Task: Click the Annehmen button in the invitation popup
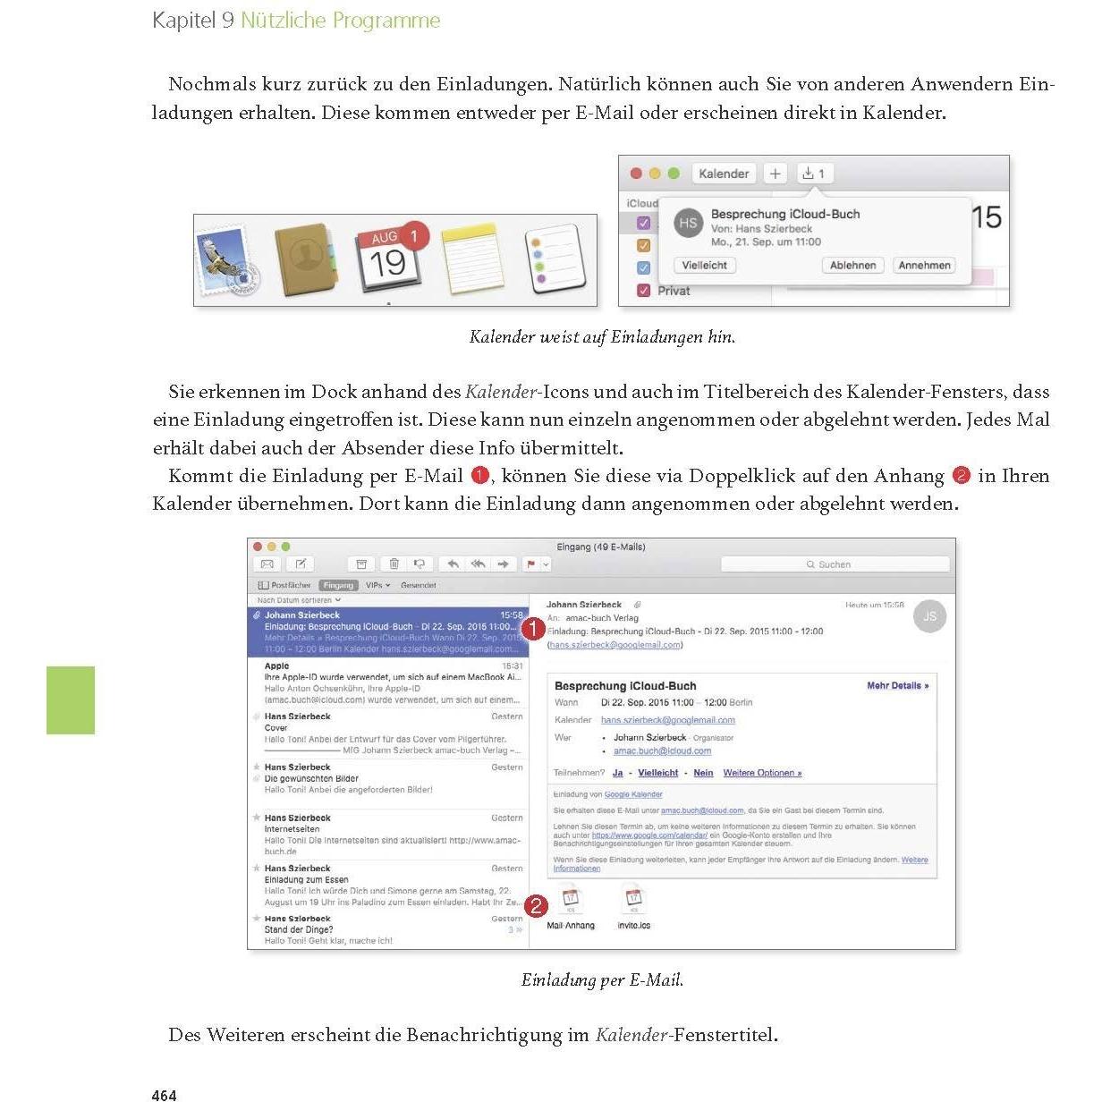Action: click(x=924, y=266)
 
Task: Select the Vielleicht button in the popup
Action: click(x=705, y=266)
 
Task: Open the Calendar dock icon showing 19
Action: click(x=389, y=259)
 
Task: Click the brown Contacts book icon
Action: click(x=306, y=260)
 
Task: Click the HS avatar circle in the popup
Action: click(x=688, y=224)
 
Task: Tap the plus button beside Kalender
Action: click(x=775, y=174)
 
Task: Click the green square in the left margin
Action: click(x=71, y=700)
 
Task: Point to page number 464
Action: click(x=165, y=1095)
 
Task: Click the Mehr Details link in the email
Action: click(x=897, y=686)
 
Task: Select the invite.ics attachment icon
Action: click(x=633, y=898)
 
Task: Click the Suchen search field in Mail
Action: click(x=835, y=564)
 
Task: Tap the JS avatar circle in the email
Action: click(x=929, y=616)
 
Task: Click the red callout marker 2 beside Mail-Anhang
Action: click(x=535, y=907)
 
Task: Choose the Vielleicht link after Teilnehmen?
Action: click(x=657, y=773)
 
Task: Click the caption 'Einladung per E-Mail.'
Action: click(x=602, y=980)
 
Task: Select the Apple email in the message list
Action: click(x=388, y=682)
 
